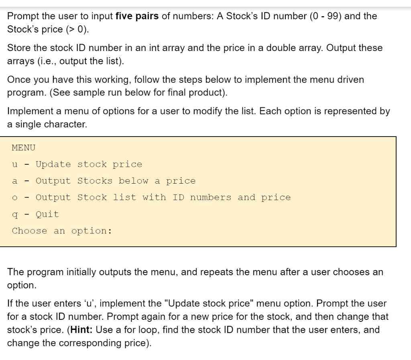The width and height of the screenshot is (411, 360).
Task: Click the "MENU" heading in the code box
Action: point(24,147)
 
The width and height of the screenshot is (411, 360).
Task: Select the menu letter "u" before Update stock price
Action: point(15,164)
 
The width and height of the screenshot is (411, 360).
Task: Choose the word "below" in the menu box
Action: point(134,181)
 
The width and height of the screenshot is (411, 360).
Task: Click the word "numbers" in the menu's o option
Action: point(210,197)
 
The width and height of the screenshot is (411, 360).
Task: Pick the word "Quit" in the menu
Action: point(47,214)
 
